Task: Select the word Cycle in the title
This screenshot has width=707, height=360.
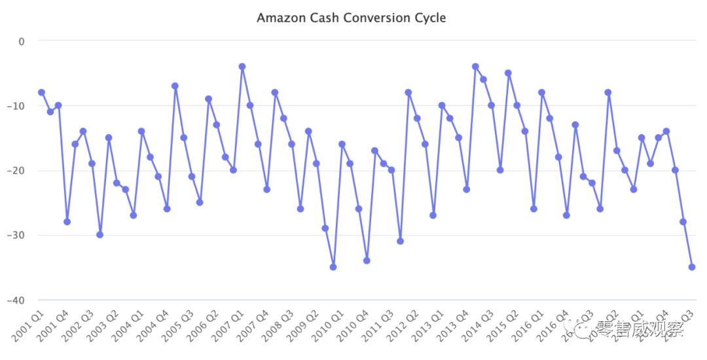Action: pyautogui.click(x=430, y=18)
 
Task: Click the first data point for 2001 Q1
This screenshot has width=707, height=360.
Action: pyautogui.click(x=41, y=92)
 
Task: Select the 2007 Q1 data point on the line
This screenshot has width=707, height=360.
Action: pyautogui.click(x=242, y=66)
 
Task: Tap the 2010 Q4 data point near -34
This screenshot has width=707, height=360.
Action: pyautogui.click(x=367, y=261)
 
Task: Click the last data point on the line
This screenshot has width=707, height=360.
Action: pyautogui.click(x=692, y=267)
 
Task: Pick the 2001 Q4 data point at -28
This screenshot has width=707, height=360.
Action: pyautogui.click(x=67, y=222)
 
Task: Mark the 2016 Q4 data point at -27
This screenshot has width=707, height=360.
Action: pyautogui.click(x=566, y=215)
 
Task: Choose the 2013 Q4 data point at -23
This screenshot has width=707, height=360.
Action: pyautogui.click(x=467, y=189)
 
